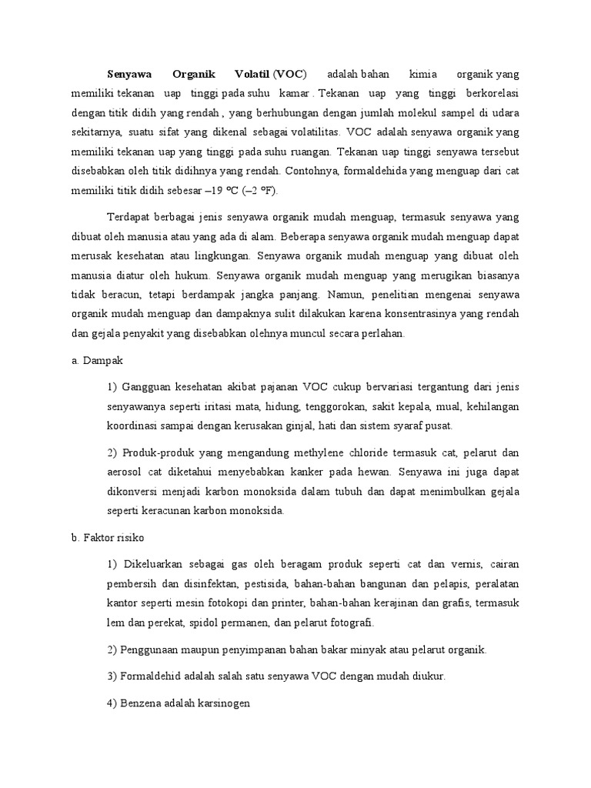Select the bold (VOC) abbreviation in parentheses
(x=289, y=75)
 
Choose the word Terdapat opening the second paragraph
(x=129, y=218)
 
